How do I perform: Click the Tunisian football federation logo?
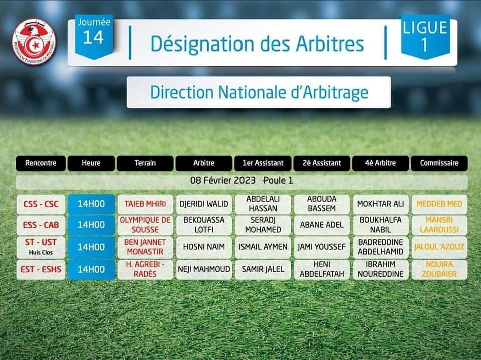coord(34,42)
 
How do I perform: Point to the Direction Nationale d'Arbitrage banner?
coord(259,92)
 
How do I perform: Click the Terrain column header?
coord(145,163)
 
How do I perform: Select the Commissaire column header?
coord(439,163)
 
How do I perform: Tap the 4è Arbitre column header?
coord(380,163)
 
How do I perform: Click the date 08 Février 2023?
coord(222,180)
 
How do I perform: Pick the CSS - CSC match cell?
coord(41,204)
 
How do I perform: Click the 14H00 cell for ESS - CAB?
coord(91,225)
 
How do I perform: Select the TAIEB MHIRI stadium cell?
coord(145,204)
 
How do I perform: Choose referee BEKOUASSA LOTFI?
coord(204,225)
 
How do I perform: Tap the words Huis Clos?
coord(41,253)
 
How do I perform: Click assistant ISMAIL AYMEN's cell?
coord(263,247)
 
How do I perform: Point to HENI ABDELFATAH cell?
coord(322,269)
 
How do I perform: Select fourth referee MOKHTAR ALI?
coord(380,204)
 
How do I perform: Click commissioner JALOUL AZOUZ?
coord(439,247)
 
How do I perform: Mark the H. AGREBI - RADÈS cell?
coord(145,269)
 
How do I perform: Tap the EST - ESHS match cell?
coord(41,269)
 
